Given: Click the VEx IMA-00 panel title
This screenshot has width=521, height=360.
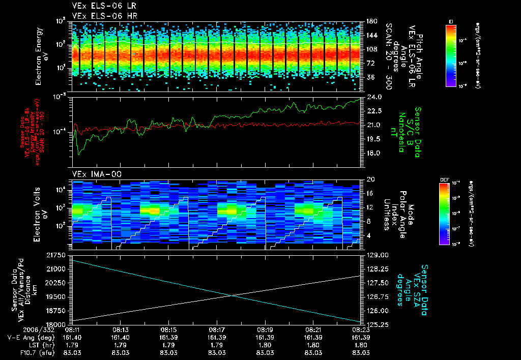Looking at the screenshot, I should [x=93, y=174].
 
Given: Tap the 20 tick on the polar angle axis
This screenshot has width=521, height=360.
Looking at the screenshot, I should [x=370, y=179].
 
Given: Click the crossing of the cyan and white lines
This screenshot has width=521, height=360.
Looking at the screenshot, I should [x=233, y=295].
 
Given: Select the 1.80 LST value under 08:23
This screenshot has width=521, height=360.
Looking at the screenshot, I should [x=360, y=345].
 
